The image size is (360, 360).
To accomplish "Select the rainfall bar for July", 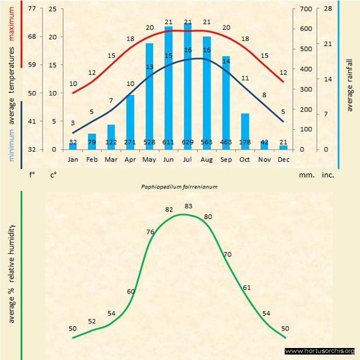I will pos(188,87).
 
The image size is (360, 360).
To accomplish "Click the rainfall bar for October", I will pos(245,131).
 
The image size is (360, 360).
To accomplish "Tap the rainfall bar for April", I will pos(130,122).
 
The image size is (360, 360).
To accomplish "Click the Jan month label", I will pos(73,160).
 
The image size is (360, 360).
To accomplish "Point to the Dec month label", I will pos(283,160).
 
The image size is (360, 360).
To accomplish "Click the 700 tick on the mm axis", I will pos(304,9).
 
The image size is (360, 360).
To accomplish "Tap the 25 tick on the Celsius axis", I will pos(52,9).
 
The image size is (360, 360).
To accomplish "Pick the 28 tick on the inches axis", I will pos(328,9).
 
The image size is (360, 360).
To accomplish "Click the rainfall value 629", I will pos(188,142).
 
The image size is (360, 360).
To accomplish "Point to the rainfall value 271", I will pos(130,142).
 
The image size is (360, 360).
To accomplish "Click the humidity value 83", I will pos(189,206).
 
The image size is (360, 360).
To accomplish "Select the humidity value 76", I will pos(151,232).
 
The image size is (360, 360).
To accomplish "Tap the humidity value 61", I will pos(247,287).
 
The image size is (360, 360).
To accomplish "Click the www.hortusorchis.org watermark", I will pos(320,351).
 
